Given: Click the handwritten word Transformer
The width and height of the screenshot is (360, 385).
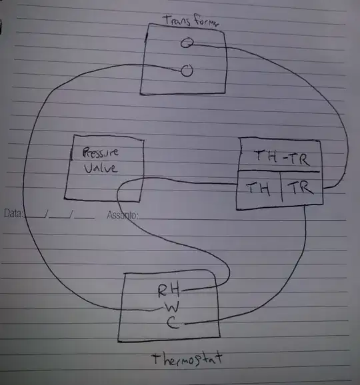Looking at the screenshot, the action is point(191,21).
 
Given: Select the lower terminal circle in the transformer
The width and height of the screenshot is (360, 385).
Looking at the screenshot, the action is point(187,71).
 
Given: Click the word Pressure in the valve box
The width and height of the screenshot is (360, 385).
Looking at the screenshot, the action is point(100,153).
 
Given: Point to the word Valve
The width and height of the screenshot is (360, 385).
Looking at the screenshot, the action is point(100,169).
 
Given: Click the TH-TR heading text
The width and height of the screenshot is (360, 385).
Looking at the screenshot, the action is point(281,158).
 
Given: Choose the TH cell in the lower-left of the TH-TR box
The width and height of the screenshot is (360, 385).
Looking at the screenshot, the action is point(258,189).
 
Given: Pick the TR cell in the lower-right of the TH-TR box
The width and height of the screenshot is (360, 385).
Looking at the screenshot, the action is point(301,188).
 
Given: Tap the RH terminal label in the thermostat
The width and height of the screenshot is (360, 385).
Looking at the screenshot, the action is point(169,290).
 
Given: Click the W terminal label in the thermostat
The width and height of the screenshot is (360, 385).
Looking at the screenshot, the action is point(172,307).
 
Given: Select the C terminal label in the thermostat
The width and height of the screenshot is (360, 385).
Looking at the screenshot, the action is point(173,323).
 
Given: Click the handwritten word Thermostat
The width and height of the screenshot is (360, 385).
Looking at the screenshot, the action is point(187,360).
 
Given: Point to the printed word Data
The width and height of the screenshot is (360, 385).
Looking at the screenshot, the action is point(13,213).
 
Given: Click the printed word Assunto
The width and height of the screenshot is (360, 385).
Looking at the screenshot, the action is point(123,215).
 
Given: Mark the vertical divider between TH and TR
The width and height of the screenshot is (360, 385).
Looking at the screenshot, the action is point(281,187).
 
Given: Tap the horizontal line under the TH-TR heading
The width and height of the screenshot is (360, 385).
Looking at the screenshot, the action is point(279,171).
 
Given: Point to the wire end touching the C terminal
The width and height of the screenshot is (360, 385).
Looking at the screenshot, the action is point(186,324).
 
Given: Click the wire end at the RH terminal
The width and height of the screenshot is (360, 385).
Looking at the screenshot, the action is point(183,290).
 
